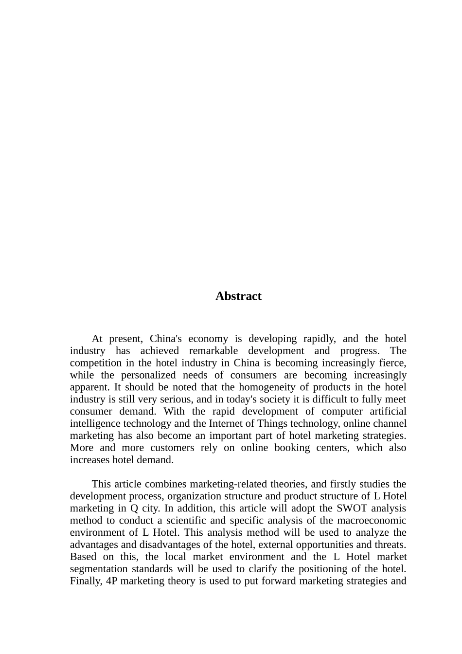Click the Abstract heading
(x=238, y=296)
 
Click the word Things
(x=273, y=424)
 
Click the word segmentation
(x=95, y=569)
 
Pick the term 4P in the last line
(x=111, y=581)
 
